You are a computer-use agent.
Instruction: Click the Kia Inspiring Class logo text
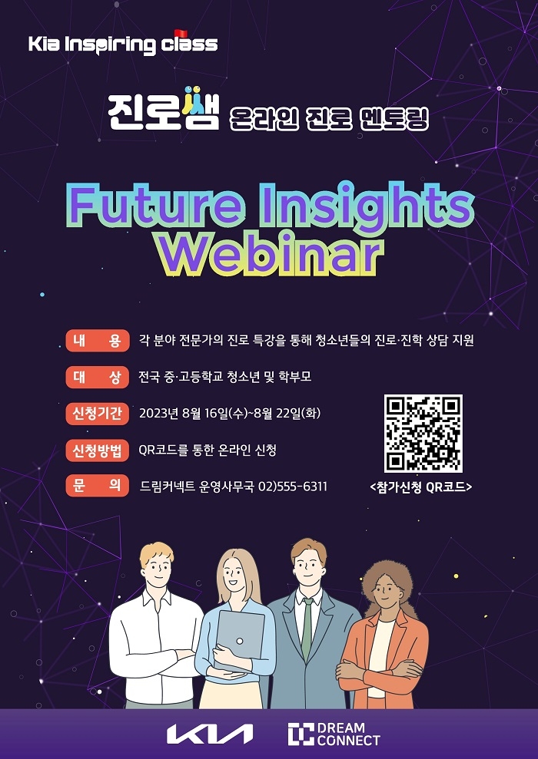pyautogui.click(x=123, y=44)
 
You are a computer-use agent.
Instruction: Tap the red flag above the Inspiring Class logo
pyautogui.click(x=181, y=33)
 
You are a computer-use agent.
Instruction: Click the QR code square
pyautogui.click(x=423, y=434)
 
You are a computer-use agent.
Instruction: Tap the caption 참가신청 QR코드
pyautogui.click(x=422, y=487)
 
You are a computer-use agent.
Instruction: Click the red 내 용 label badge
pyautogui.click(x=97, y=341)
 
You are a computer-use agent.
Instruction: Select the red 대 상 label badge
pyautogui.click(x=97, y=377)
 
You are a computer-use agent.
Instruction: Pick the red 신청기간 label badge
pyautogui.click(x=97, y=414)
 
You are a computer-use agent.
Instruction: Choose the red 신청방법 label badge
pyautogui.click(x=97, y=450)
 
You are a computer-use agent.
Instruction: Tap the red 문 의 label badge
pyautogui.click(x=97, y=486)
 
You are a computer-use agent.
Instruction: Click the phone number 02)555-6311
pyautogui.click(x=293, y=487)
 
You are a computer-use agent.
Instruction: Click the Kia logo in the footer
pyautogui.click(x=210, y=734)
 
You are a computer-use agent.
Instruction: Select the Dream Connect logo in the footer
pyautogui.click(x=334, y=734)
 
